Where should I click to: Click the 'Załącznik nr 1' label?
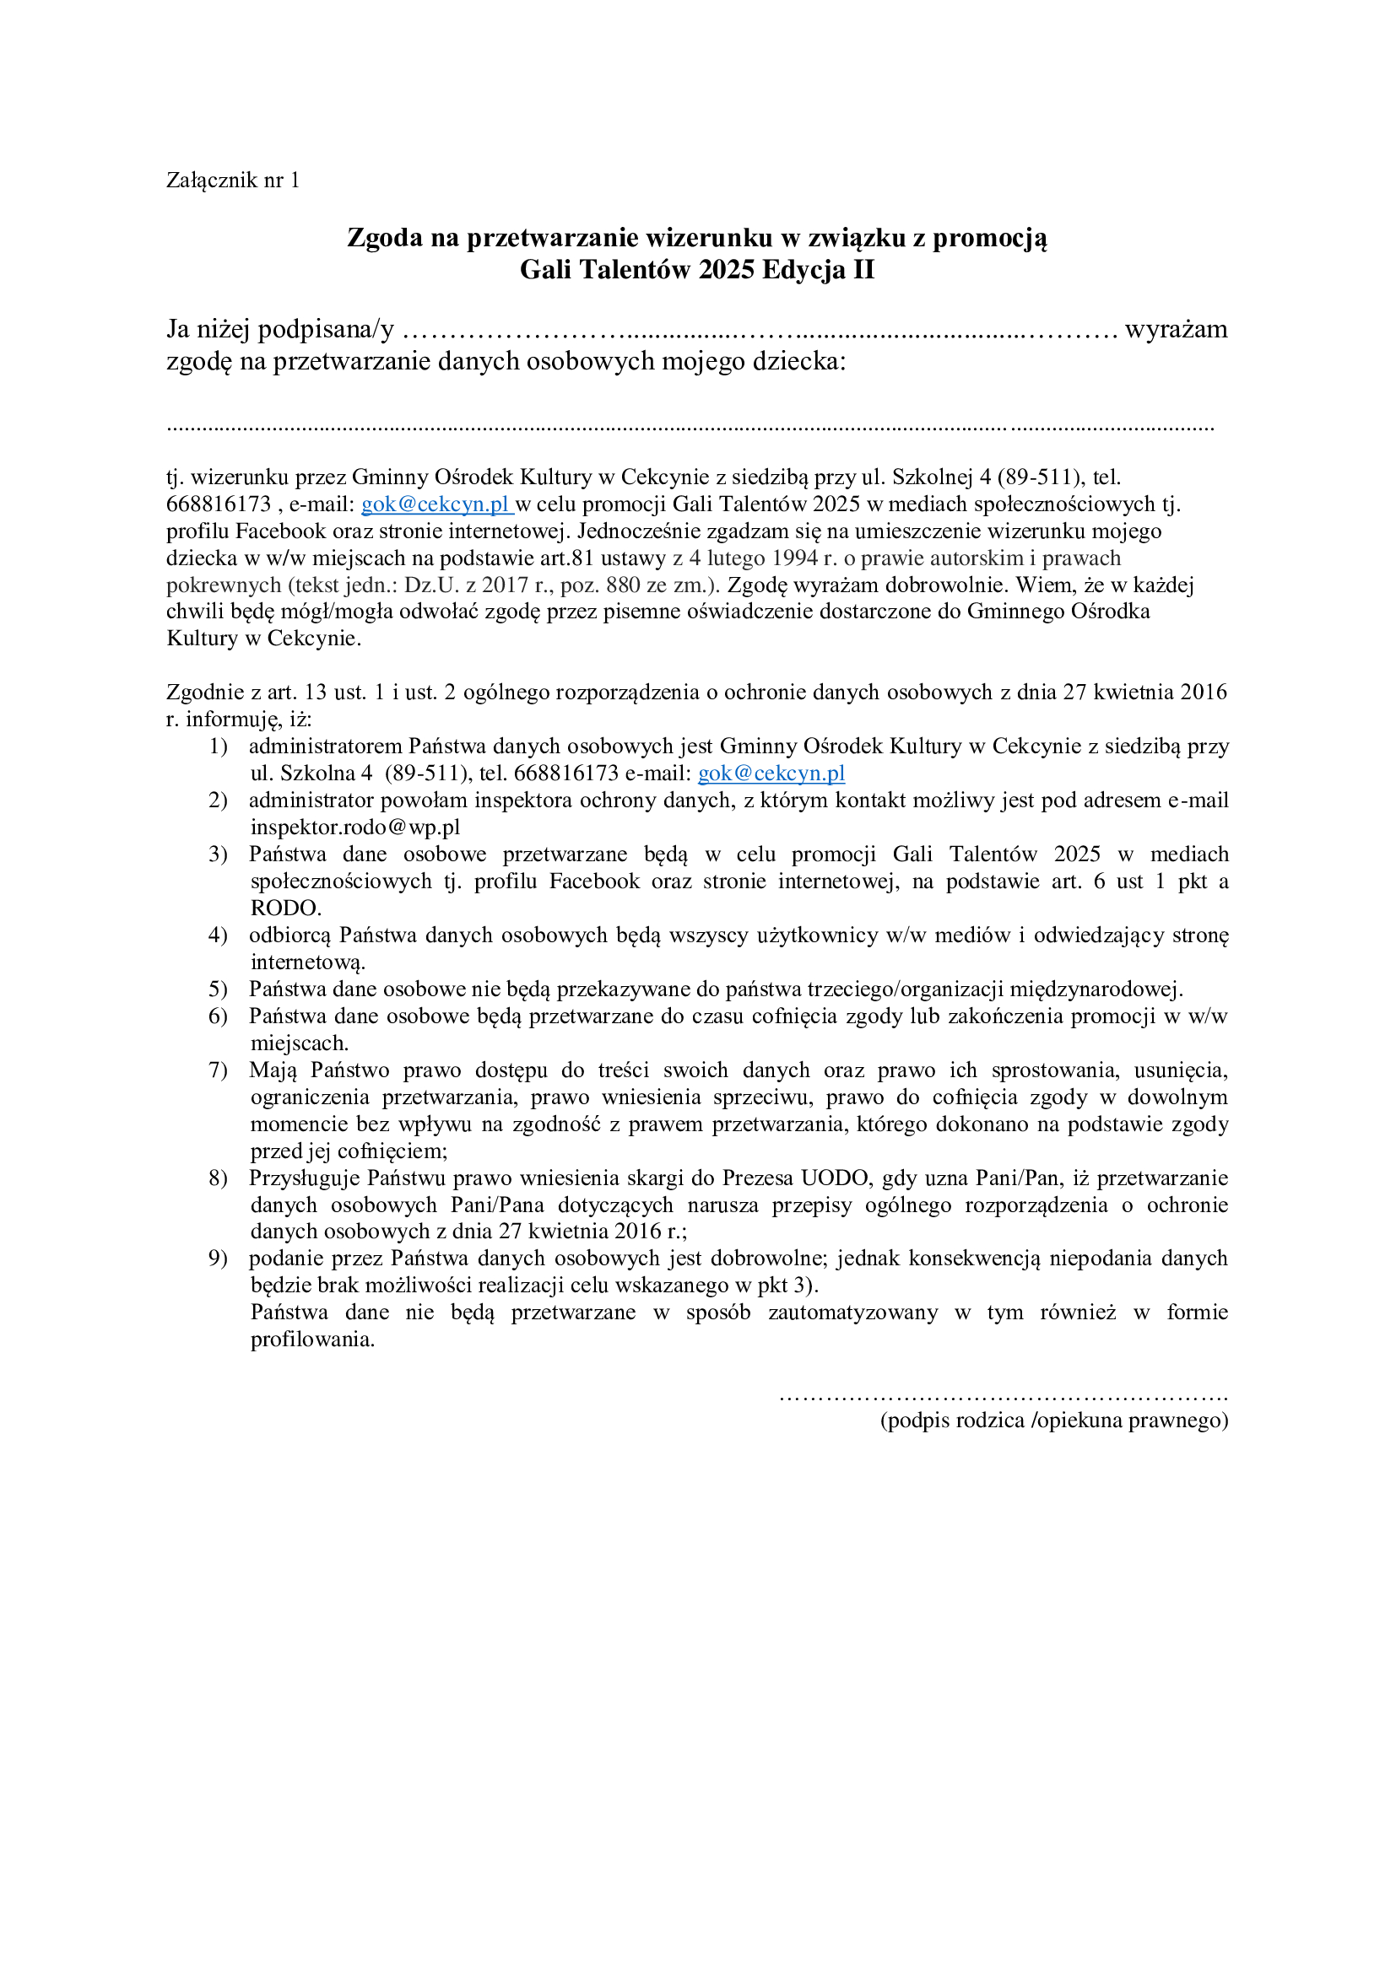(233, 181)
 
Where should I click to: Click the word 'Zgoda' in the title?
(385, 238)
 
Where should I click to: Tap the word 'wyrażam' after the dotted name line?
(1176, 329)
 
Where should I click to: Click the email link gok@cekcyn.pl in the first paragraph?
(436, 504)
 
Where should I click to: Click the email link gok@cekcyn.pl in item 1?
(771, 774)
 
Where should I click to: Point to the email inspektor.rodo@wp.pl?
(355, 827)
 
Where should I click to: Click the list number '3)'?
(218, 854)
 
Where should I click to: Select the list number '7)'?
(218, 1070)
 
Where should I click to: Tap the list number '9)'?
(218, 1259)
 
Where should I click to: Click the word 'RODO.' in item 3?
(285, 908)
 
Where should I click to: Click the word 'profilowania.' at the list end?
(312, 1340)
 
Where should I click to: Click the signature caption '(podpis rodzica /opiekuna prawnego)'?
(1054, 1420)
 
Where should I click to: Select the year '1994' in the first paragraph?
(794, 558)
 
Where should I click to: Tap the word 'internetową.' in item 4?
(308, 962)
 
